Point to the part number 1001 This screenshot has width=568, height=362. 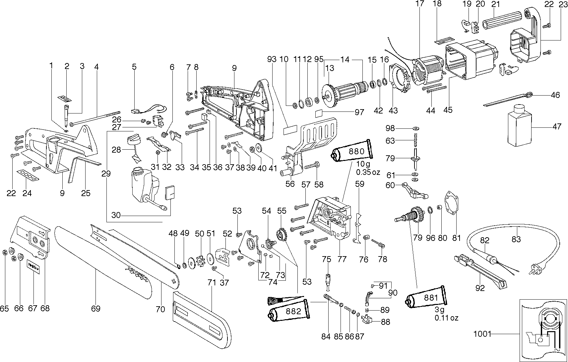[x=482, y=333]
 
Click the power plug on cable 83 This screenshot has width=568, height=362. [x=534, y=267]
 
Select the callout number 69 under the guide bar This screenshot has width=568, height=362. [x=95, y=309]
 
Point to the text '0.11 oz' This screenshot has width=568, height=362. [x=447, y=318]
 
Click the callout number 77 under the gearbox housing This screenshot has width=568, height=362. [x=342, y=259]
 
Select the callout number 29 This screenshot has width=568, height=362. [x=106, y=174]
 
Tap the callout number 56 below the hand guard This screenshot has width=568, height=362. [x=290, y=183]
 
